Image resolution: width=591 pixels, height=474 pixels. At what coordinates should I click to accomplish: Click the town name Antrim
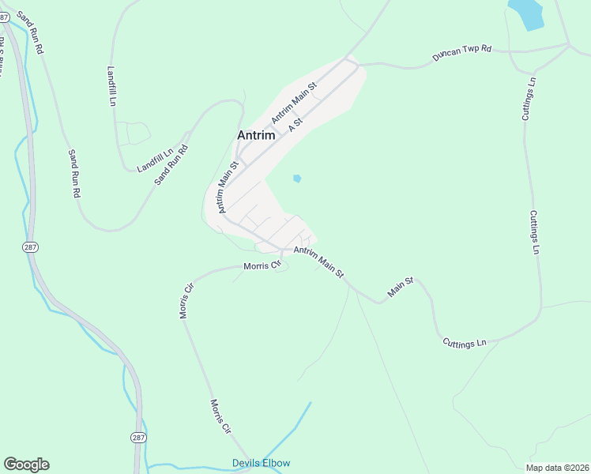256,135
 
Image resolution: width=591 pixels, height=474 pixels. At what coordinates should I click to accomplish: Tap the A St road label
295,124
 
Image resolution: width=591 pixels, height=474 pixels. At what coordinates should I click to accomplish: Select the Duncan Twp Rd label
461,53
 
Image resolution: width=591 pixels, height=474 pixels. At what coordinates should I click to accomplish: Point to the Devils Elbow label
261,463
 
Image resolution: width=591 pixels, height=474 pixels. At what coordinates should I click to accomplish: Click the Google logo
26,465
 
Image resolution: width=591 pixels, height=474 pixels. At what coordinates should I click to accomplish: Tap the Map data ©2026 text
557,468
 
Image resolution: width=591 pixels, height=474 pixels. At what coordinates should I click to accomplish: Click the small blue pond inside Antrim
297,179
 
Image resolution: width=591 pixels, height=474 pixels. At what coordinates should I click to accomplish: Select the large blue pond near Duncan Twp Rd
526,13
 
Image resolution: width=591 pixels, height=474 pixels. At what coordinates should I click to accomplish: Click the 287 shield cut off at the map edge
3,17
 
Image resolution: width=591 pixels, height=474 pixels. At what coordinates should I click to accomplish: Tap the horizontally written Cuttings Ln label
465,343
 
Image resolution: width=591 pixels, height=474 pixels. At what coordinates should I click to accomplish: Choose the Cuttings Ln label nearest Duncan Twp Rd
529,99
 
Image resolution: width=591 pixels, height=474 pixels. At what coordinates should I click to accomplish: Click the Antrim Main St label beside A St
293,103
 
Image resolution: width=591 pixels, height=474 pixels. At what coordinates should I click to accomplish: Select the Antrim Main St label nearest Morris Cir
318,261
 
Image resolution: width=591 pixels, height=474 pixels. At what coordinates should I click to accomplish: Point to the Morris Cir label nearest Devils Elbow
220,416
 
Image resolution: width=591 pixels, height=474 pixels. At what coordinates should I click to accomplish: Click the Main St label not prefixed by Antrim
401,288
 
